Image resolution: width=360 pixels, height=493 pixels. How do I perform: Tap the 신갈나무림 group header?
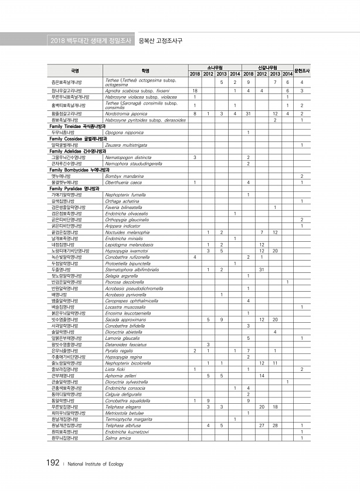point(267,67)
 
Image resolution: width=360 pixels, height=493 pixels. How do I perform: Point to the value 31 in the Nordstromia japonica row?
point(249,112)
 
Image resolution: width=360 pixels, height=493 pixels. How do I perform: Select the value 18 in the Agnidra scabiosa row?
point(194,91)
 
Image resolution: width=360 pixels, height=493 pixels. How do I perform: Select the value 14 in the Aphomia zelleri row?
point(262,375)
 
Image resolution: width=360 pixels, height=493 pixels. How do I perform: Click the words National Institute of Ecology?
point(96,464)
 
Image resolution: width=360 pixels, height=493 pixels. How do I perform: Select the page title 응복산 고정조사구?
point(160,40)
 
